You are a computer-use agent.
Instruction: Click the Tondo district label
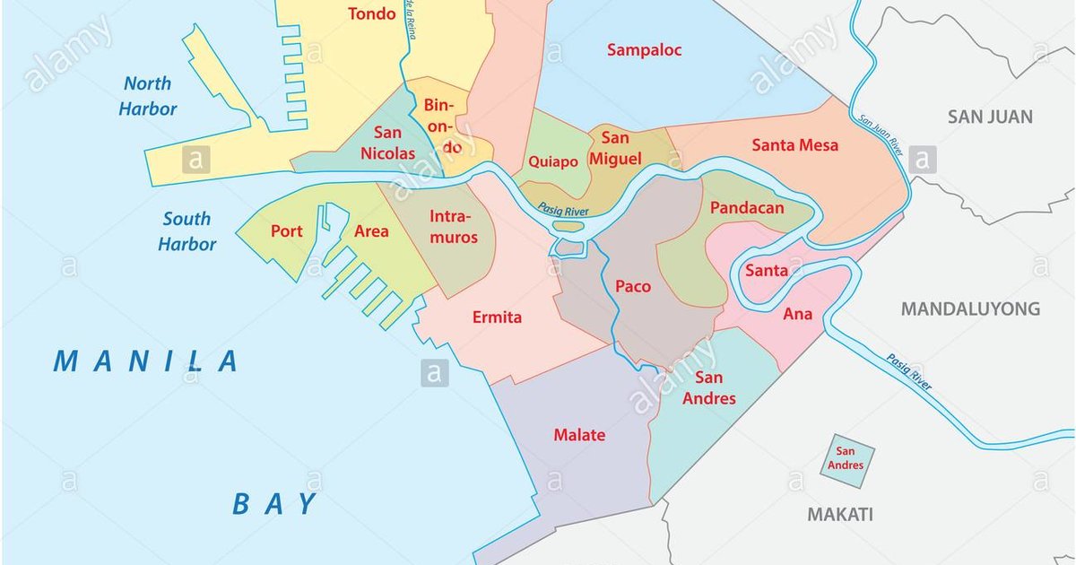[x=371, y=13]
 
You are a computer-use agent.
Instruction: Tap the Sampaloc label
[x=644, y=50]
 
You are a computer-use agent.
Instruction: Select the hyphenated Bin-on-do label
[x=439, y=126]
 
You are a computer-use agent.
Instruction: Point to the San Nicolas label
[x=387, y=142]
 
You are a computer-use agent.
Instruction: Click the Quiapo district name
[x=553, y=161]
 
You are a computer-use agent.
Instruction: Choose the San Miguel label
[x=616, y=148]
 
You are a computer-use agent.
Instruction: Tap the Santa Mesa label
[x=794, y=144]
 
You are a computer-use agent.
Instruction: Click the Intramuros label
[x=454, y=227]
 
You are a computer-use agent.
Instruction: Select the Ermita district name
[x=497, y=317]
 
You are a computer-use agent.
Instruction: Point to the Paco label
[x=633, y=287]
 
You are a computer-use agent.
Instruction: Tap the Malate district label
[x=578, y=435]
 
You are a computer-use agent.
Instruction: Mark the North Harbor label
[x=150, y=97]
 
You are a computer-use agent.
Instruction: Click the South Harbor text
[x=187, y=231]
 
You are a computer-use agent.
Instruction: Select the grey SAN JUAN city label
[x=990, y=117]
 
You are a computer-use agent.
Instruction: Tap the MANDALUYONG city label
[x=970, y=309]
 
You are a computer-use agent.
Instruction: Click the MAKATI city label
[x=840, y=515]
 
